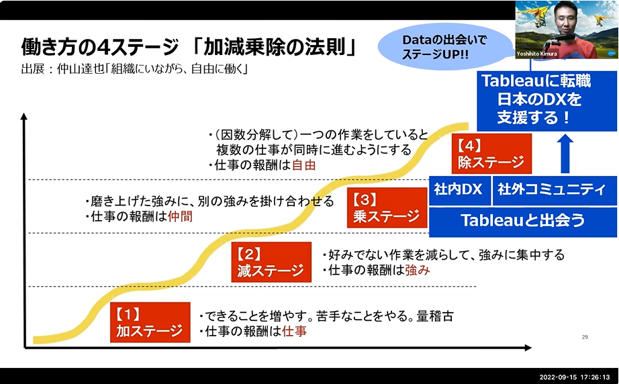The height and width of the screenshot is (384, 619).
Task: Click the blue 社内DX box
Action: [x=459, y=190]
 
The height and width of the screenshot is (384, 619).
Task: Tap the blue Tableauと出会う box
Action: [x=522, y=221]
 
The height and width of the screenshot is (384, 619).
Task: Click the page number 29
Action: [x=584, y=336]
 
